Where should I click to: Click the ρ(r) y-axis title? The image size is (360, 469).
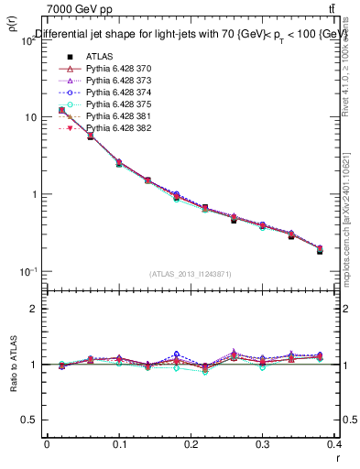pyautogui.click(x=11, y=23)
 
